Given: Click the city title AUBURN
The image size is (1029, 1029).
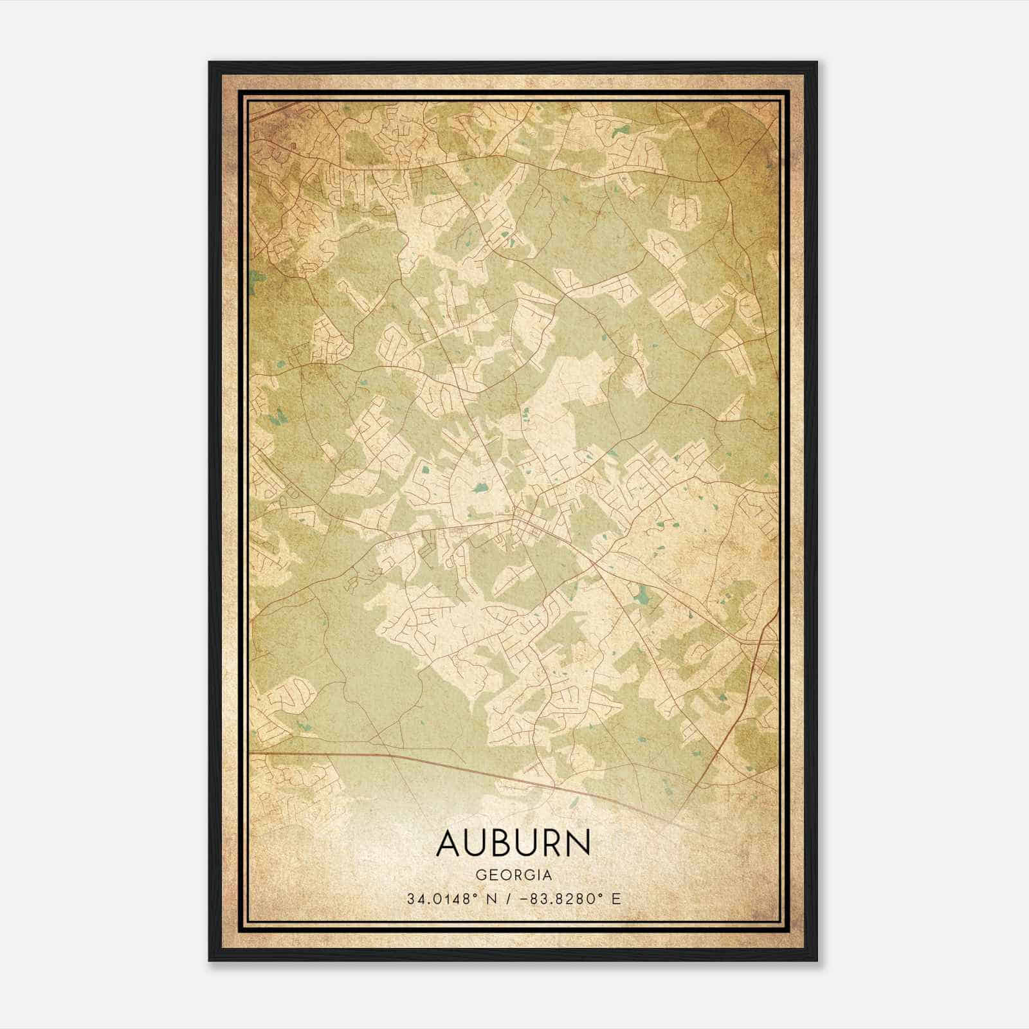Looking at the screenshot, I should pos(513,843).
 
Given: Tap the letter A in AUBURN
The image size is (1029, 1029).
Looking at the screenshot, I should pos(448,843).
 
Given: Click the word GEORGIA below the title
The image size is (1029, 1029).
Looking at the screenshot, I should pos(513,875).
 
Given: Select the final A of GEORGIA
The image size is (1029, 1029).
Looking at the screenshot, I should pos(547,875).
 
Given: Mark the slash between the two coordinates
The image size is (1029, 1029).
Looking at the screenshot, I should pos(511,899).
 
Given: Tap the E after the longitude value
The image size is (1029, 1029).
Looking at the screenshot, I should pos(616,899).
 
